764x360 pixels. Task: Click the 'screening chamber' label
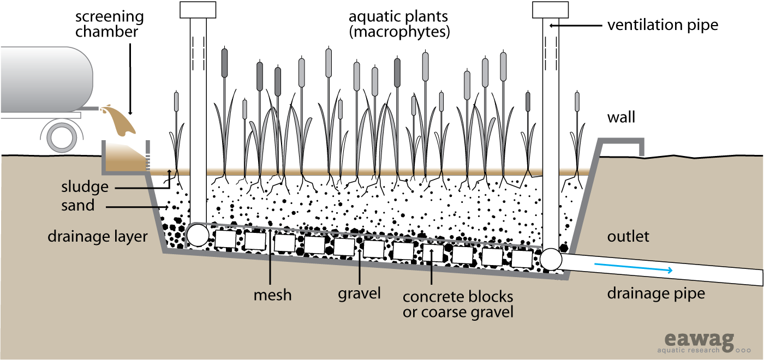109,24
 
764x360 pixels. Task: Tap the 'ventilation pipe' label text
662,25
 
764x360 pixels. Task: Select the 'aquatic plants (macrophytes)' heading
399,24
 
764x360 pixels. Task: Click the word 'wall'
621,117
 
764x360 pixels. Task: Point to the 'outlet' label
628,236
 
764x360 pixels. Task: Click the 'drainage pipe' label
656,294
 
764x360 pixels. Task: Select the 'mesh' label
272,295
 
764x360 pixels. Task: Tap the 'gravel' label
359,293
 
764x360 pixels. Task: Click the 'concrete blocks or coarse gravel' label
457,304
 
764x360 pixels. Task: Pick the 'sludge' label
85,187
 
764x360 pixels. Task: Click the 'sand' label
78,206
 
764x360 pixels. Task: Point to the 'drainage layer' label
98,237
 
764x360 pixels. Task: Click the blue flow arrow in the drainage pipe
633,267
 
